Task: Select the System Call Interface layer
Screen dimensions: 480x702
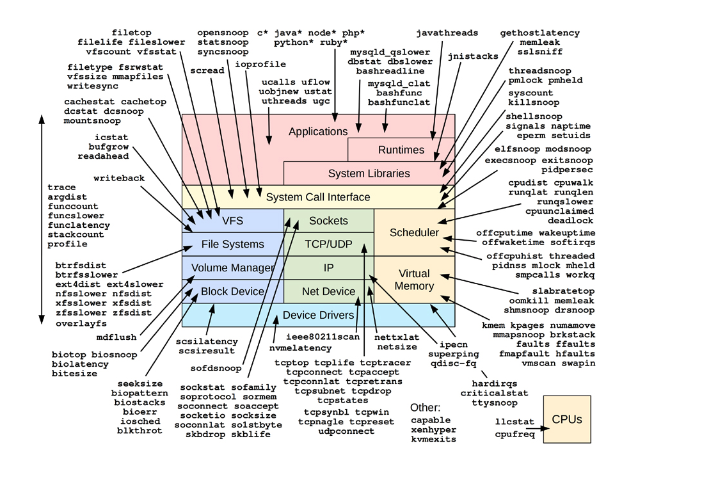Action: pyautogui.click(x=318, y=197)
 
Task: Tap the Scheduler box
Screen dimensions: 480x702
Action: pyautogui.click(x=414, y=232)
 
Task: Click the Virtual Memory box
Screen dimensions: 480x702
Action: pyautogui.click(x=414, y=280)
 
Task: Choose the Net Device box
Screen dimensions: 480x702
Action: pyautogui.click(x=328, y=291)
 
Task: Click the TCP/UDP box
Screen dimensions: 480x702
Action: pyautogui.click(x=328, y=244)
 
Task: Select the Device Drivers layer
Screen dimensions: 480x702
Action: pyautogui.click(x=318, y=315)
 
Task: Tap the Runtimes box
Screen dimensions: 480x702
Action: pyautogui.click(x=401, y=150)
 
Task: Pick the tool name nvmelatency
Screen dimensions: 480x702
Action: pyautogui.click(x=300, y=348)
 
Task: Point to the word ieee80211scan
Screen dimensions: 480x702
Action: pyautogui.click(x=323, y=336)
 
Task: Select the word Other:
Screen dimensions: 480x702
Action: pyautogui.click(x=425, y=408)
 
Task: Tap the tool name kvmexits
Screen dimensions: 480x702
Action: pyautogui.click(x=433, y=440)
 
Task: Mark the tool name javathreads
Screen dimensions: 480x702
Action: pyautogui.click(x=446, y=33)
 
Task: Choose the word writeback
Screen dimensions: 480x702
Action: pyautogui.click(x=119, y=178)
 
